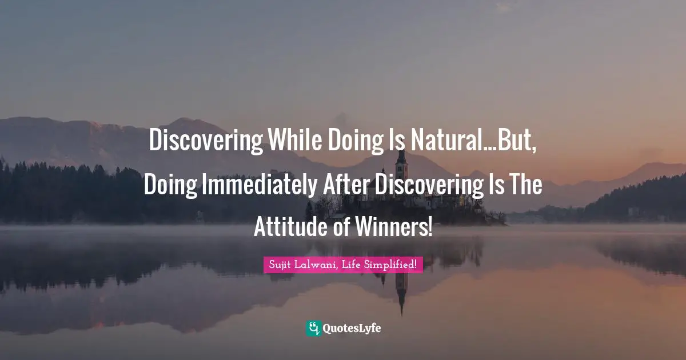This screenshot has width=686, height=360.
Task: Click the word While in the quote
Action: click(x=293, y=141)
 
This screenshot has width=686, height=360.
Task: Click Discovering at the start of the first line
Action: click(x=205, y=141)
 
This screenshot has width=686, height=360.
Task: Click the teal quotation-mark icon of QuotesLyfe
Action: click(x=313, y=328)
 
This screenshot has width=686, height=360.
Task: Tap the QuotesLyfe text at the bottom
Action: click(x=352, y=329)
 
